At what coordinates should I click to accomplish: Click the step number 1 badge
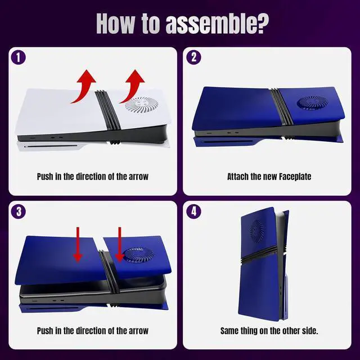click(x=19, y=57)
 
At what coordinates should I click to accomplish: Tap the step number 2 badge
click(x=193, y=57)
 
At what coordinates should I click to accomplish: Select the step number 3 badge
click(x=19, y=211)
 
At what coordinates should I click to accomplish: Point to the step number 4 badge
click(x=193, y=211)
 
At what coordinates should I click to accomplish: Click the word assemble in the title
click(x=217, y=24)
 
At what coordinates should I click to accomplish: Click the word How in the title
click(x=115, y=24)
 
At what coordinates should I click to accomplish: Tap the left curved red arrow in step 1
click(x=83, y=87)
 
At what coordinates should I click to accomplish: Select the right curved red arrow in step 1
click(x=132, y=86)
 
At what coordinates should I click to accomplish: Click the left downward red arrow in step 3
click(x=78, y=245)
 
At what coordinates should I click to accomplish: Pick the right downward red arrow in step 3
click(x=119, y=245)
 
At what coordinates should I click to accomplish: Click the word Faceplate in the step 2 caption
click(x=295, y=177)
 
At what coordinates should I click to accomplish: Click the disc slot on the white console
click(x=52, y=146)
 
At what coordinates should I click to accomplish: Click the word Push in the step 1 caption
click(x=45, y=177)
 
